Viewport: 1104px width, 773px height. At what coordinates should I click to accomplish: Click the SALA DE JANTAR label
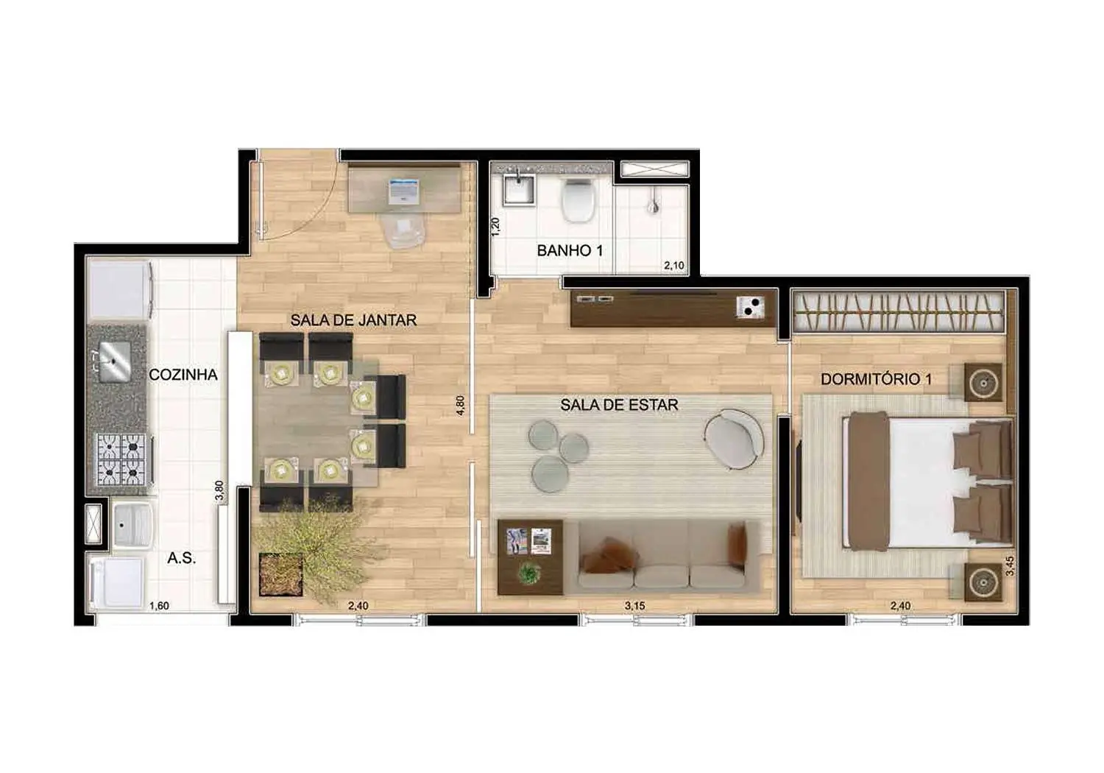point(353,320)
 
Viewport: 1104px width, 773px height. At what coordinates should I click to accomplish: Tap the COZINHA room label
point(183,375)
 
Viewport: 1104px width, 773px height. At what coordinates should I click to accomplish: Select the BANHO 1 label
point(570,250)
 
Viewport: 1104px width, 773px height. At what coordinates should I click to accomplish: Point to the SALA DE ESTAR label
point(619,405)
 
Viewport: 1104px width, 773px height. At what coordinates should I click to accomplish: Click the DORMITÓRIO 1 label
point(876,379)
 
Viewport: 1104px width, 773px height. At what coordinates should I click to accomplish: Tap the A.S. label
point(181,558)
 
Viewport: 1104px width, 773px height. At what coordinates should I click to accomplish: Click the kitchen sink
point(113,361)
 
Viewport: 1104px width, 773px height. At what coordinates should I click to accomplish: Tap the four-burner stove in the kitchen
point(121,459)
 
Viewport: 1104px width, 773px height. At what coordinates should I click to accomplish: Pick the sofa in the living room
point(662,556)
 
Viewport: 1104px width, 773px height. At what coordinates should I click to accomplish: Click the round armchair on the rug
point(733,437)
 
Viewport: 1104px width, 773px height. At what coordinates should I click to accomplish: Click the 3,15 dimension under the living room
point(635,606)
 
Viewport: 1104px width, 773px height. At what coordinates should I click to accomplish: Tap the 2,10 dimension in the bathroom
point(673,265)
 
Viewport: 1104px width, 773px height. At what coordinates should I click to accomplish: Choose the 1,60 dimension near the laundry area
point(159,606)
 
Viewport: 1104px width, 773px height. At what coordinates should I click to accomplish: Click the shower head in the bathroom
point(651,203)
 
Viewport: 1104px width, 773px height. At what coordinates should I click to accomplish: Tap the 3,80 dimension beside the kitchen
point(219,491)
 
